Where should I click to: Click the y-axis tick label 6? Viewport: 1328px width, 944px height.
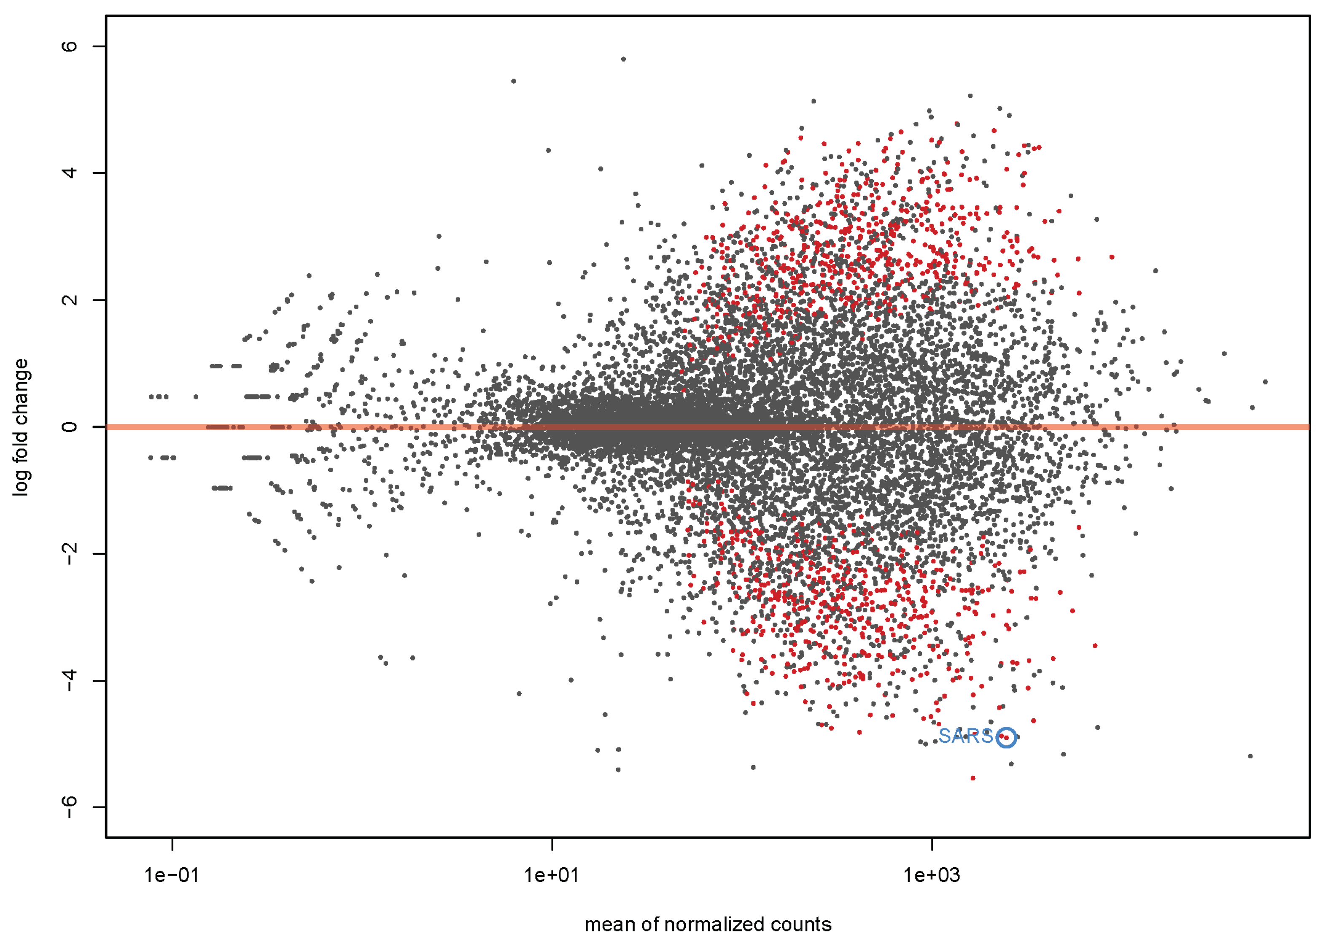point(69,46)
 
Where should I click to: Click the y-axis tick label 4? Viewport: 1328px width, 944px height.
point(69,173)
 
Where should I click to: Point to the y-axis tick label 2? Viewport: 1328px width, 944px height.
point(69,300)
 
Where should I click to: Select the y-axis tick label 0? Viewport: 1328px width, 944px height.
point(69,427)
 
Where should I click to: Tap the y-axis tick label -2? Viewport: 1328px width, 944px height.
point(69,554)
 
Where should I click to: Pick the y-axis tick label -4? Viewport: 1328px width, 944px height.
point(69,681)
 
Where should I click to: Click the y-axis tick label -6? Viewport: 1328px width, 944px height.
point(69,807)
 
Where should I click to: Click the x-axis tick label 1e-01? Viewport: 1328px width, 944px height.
point(172,874)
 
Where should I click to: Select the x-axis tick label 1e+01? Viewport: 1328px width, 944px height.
point(552,874)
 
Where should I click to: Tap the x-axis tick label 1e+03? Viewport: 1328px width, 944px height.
point(932,874)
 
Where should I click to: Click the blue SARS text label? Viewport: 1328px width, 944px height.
point(965,736)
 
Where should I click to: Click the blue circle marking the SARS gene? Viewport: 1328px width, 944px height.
point(1007,738)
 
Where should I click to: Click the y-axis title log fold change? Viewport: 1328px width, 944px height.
point(21,427)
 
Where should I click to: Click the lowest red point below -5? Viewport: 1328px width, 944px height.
point(973,778)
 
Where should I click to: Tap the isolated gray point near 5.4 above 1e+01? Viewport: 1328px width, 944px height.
point(514,81)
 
